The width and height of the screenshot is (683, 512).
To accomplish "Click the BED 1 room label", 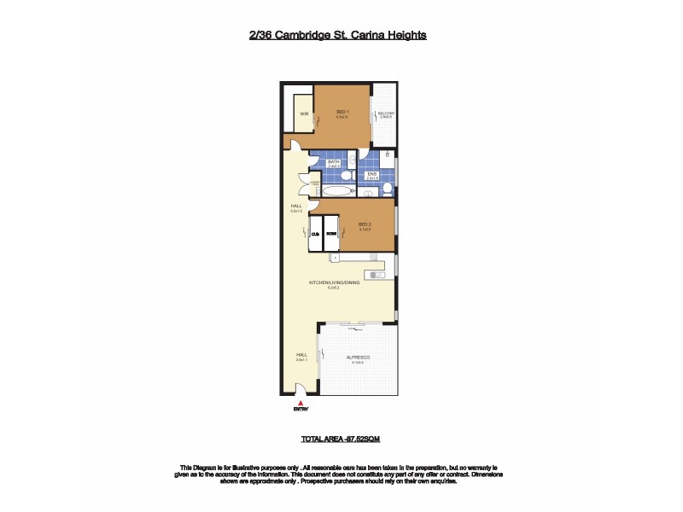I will tap(341, 113).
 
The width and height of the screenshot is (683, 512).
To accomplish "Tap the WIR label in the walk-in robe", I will tap(303, 113).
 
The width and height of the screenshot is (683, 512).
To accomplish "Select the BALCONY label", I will tap(386, 113).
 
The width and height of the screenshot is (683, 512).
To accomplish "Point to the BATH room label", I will tap(334, 161).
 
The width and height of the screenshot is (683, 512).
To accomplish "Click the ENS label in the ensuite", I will tap(371, 174).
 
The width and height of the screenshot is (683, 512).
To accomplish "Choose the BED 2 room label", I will tap(365, 224).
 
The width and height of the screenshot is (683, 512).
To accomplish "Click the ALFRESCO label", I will tap(357, 358).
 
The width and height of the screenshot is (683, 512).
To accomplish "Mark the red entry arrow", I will tap(300, 403).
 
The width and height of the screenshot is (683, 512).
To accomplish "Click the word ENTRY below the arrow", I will tap(300, 410).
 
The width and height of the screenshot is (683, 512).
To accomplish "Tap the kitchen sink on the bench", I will tap(373, 274).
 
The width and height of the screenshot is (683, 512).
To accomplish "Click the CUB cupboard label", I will tap(314, 232).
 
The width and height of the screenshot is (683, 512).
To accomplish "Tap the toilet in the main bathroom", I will tap(346, 174).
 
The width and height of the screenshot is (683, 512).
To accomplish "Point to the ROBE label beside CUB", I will tap(331, 232).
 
